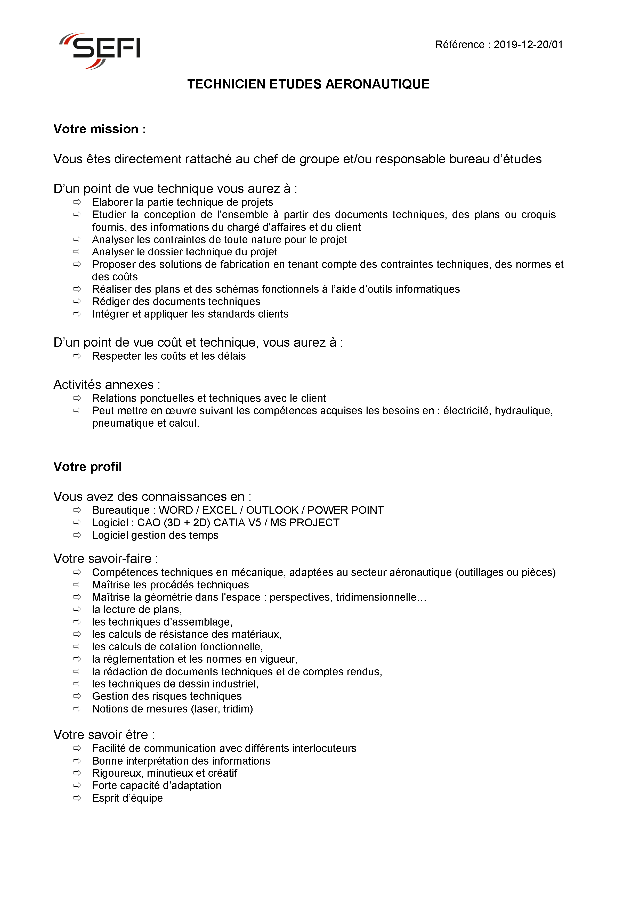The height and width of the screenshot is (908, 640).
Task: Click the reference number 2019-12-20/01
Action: pos(528,45)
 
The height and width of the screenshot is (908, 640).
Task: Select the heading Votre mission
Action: pos(100,129)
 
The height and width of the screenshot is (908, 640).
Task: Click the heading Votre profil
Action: pos(87,467)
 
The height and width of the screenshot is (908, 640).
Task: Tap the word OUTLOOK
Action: pos(272,510)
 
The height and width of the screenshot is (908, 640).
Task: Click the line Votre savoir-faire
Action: pos(106,558)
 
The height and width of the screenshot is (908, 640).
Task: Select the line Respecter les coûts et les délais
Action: pos(169,356)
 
